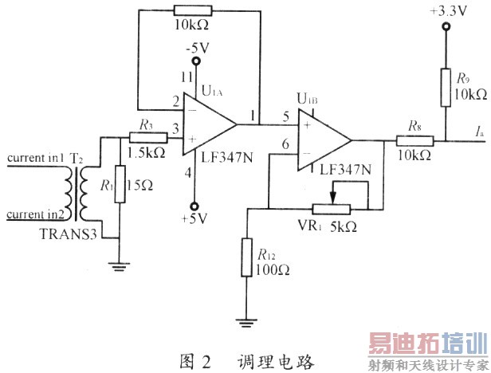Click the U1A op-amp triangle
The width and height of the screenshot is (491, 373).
point(207,124)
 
